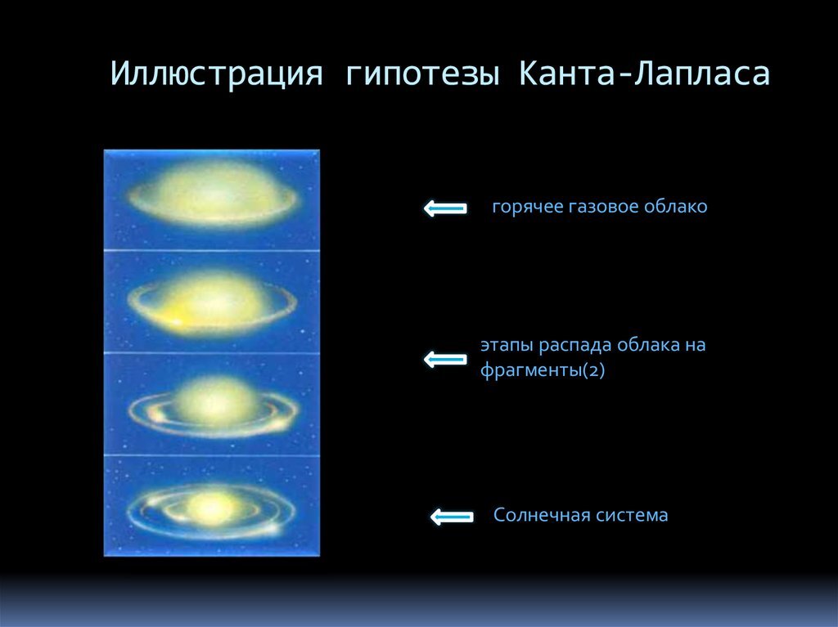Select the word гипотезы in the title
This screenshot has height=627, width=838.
tap(423, 74)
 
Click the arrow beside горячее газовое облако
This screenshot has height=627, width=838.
tap(444, 209)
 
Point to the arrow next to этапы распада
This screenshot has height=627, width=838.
tap(444, 359)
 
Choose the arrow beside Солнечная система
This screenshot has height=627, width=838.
tap(451, 517)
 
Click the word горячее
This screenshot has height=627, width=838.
tap(528, 208)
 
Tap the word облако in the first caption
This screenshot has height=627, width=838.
tap(675, 207)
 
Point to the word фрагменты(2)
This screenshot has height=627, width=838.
tap(542, 370)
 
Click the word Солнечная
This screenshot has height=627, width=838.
tap(536, 516)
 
